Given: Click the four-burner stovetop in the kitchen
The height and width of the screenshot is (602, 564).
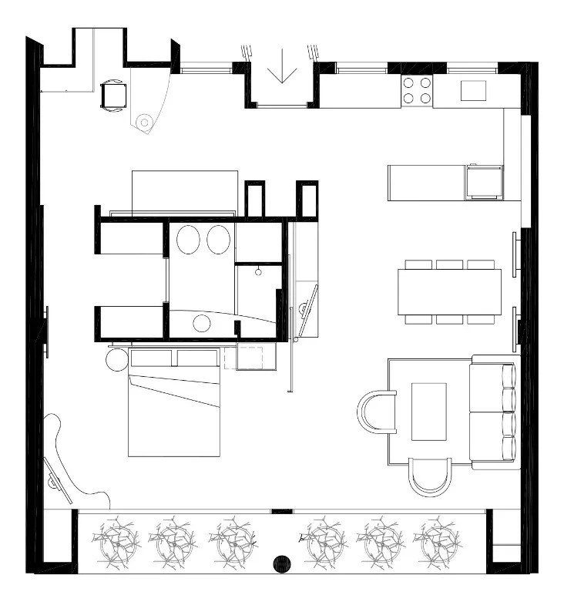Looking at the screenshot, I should pyautogui.click(x=417, y=91).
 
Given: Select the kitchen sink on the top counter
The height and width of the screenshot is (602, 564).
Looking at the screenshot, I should pyautogui.click(x=473, y=91).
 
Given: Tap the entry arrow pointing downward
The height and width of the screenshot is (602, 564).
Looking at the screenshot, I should pyautogui.click(x=284, y=66).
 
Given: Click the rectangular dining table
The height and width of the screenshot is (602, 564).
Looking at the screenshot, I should pyautogui.click(x=449, y=291).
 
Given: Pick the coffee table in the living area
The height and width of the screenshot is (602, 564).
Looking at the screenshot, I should pyautogui.click(x=429, y=411).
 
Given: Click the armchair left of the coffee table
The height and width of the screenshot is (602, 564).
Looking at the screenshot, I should pyautogui.click(x=377, y=411).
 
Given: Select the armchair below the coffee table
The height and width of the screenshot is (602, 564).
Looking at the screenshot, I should pyautogui.click(x=429, y=475).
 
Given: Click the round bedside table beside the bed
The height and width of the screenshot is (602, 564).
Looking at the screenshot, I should pyautogui.click(x=117, y=358).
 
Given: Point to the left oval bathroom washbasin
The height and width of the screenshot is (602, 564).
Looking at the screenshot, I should pyautogui.click(x=188, y=240).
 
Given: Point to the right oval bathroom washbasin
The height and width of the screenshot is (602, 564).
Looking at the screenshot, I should pyautogui.click(x=218, y=240).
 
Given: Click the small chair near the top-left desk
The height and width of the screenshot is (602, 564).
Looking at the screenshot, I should pyautogui.click(x=112, y=96).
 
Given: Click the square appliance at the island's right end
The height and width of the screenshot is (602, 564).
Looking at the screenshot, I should pyautogui.click(x=484, y=183).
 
